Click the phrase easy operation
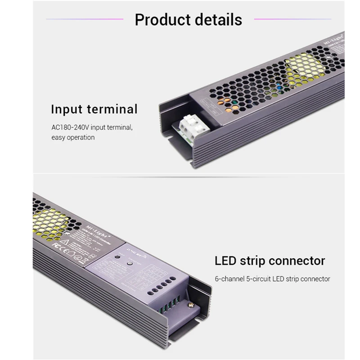click(x=72, y=137)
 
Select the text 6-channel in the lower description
click(x=228, y=279)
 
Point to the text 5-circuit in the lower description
click(x=258, y=279)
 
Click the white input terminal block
click(x=191, y=123)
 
